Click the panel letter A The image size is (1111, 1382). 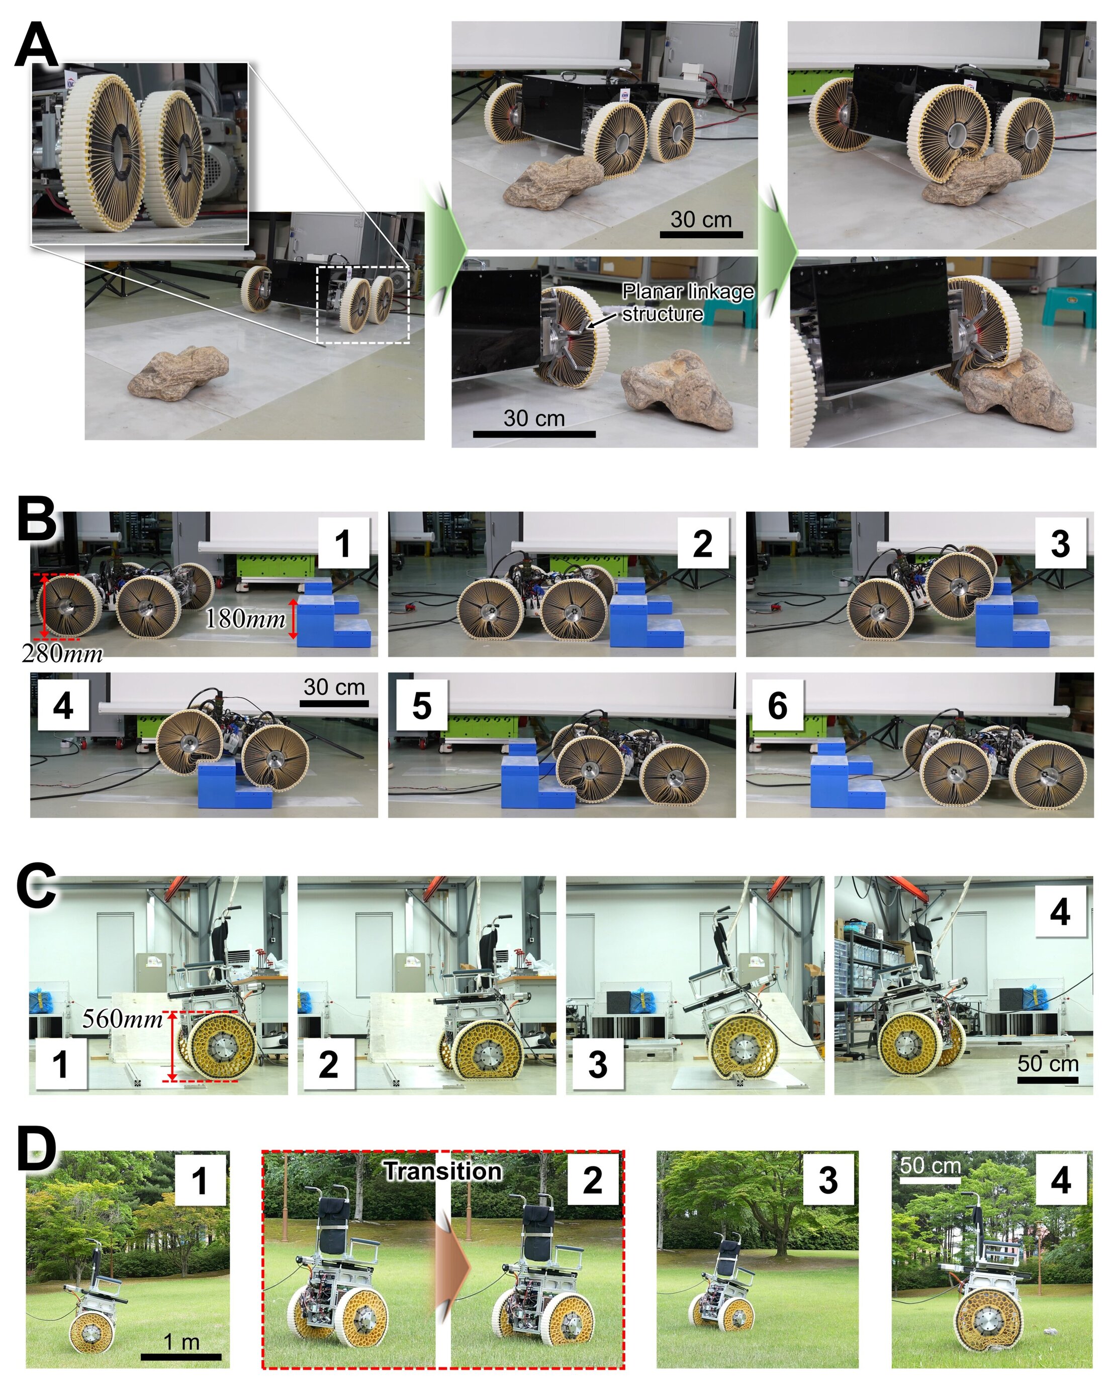[x=37, y=44]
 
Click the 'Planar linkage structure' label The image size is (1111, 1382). [x=687, y=303]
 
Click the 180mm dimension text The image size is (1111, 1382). [x=245, y=619]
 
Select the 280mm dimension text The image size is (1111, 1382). [x=62, y=653]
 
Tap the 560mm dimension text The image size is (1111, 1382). [x=123, y=1019]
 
